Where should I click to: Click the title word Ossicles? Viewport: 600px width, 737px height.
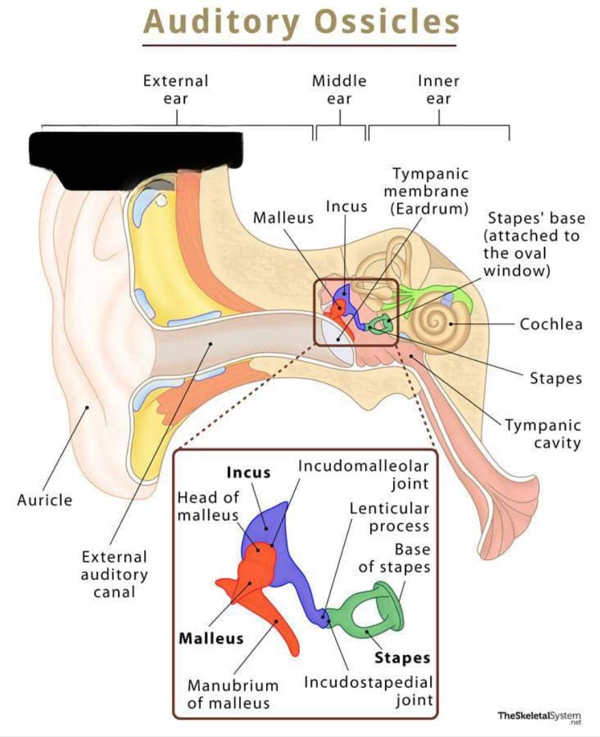tap(386, 22)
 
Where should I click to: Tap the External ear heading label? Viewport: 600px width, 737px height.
tap(175, 90)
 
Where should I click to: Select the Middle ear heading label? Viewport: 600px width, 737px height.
tap(339, 90)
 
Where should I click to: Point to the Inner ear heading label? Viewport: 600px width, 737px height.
tap(438, 90)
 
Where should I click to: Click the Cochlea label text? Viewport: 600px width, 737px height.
tap(551, 324)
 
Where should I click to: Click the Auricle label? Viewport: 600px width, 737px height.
tap(44, 500)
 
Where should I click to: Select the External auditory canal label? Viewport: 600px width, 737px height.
tap(114, 575)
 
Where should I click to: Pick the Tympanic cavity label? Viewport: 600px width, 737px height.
tap(543, 434)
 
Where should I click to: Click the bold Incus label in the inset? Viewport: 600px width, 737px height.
tap(248, 472)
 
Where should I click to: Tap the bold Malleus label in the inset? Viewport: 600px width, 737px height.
tap(211, 638)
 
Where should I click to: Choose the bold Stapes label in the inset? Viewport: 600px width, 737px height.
tap(402, 658)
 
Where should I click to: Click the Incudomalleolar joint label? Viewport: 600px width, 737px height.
tap(363, 475)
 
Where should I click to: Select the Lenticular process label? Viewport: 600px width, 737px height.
tap(389, 517)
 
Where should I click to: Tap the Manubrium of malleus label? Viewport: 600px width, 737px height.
tap(233, 694)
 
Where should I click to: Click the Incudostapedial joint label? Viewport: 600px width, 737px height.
tap(368, 691)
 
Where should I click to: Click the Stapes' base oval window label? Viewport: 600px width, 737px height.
tap(534, 244)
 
